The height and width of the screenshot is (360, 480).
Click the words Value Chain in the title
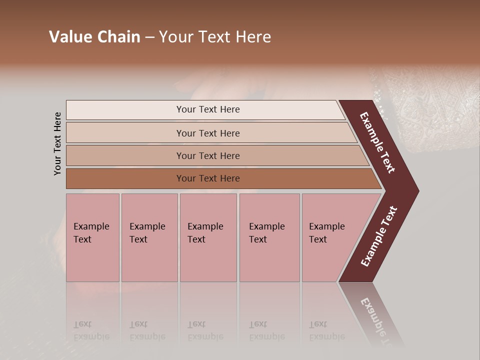coord(94,37)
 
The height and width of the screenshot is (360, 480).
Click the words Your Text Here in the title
coord(215,37)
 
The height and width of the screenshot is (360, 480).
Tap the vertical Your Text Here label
coord(57,143)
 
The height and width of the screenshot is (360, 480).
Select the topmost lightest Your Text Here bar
coord(207,109)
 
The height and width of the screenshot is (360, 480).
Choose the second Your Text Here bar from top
coord(207,133)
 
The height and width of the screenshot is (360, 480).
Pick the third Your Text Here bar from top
coord(207,155)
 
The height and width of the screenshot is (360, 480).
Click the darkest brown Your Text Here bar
coord(207,178)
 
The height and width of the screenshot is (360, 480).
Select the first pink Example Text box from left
coord(92,237)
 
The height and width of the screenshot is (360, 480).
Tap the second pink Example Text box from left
coord(149,237)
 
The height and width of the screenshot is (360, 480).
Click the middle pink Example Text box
coord(208,237)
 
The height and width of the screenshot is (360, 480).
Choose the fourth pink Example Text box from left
coord(269,237)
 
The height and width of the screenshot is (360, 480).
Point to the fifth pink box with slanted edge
coord(330,237)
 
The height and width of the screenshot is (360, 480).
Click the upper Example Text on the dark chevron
coord(377,142)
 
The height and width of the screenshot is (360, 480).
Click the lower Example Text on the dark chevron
coord(378,236)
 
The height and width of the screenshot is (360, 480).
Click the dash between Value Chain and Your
coord(149,37)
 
